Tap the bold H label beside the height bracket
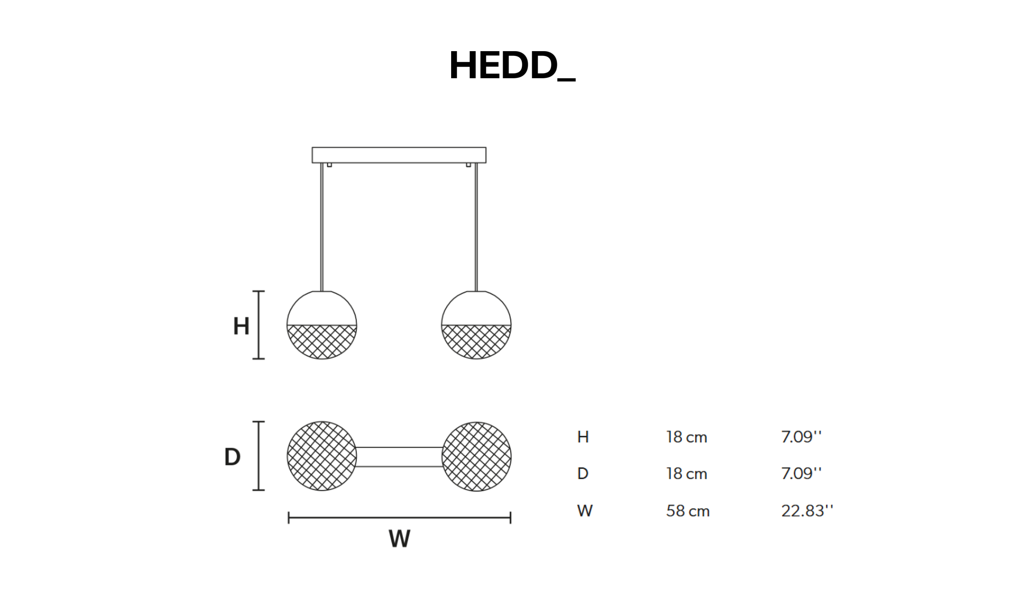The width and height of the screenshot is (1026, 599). (241, 326)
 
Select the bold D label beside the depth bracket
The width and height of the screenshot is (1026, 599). (232, 456)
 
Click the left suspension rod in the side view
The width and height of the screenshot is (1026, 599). (322, 227)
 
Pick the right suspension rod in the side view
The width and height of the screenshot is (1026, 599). (476, 227)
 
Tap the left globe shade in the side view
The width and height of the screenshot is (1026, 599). (322, 325)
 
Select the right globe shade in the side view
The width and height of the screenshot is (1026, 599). (476, 325)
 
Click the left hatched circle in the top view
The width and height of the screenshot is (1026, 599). (322, 456)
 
